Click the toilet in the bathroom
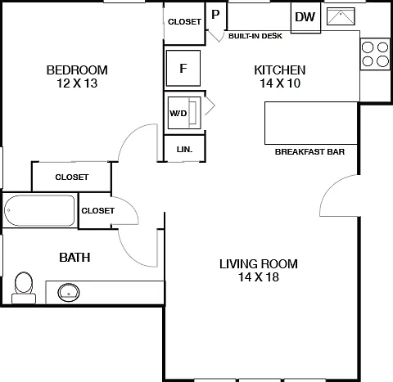[24, 288]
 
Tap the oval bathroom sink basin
[69, 293]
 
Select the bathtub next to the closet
[39, 210]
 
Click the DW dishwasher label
[305, 17]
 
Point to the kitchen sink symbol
[341, 16]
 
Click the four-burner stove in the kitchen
[375, 54]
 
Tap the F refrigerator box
[183, 68]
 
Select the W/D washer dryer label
[178, 113]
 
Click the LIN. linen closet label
[184, 150]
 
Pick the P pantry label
[215, 15]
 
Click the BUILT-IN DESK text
[255, 36]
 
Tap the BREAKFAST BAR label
[309, 151]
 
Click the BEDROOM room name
[77, 70]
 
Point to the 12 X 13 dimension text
[77, 83]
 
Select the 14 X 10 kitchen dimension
[280, 83]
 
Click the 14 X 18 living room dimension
[259, 277]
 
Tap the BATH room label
[75, 258]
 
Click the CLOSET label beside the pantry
[184, 21]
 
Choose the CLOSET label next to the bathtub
[98, 210]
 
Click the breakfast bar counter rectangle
[311, 123]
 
